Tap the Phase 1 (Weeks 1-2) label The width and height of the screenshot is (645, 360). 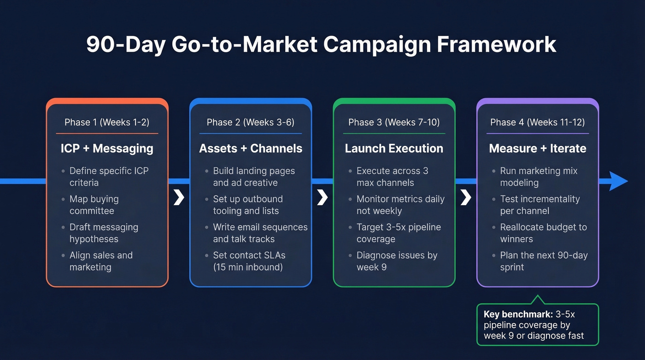107,122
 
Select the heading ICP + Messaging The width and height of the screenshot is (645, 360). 107,148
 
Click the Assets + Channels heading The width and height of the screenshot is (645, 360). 251,148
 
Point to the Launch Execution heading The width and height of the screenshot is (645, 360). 394,148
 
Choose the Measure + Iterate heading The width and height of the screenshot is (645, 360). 538,148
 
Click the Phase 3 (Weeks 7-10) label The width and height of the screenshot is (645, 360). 394,122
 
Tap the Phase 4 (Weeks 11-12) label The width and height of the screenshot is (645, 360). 538,122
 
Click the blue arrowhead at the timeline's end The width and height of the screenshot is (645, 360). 618,181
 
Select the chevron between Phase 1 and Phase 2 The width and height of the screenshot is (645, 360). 179,197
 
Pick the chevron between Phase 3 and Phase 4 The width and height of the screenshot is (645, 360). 466,197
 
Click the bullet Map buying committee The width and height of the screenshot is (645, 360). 94,205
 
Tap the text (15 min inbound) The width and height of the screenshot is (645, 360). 248,267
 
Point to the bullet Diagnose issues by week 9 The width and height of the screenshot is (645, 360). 397,261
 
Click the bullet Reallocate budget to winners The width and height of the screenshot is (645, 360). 543,233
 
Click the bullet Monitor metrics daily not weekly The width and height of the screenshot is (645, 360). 400,205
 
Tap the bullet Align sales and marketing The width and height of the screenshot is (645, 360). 100,261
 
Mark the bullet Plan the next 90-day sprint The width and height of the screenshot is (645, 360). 544,261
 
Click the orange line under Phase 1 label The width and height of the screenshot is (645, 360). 107,134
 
